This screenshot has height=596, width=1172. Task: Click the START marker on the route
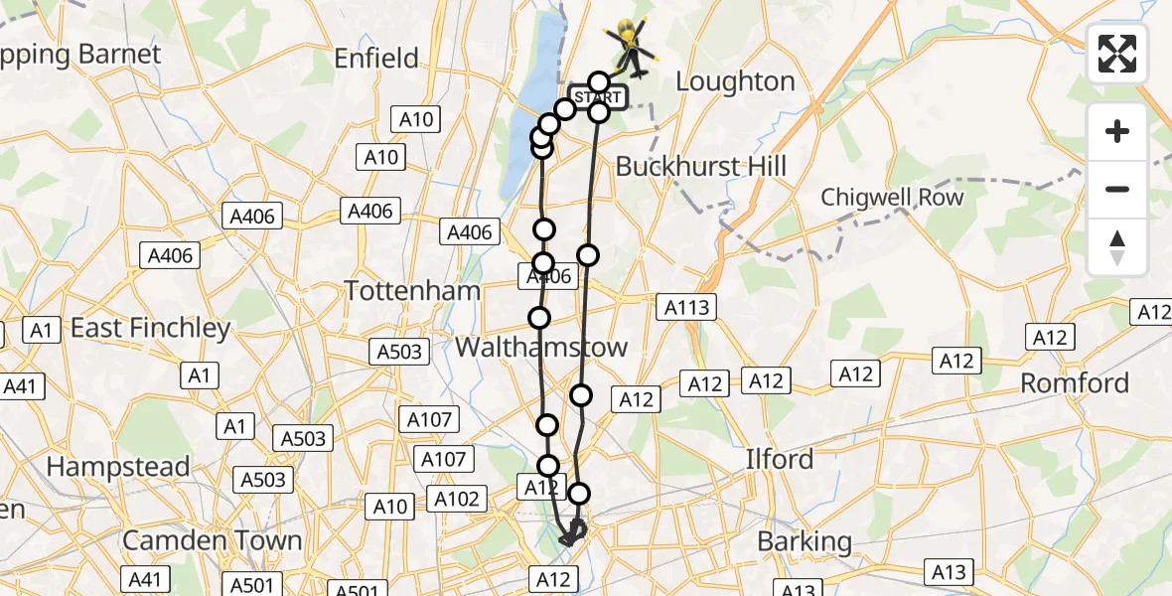(x=599, y=97)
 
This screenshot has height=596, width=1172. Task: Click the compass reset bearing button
(x=1117, y=246)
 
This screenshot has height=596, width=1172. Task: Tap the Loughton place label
(x=736, y=81)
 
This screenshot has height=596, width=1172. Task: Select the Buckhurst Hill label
(x=700, y=166)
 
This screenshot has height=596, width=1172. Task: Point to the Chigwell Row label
(x=892, y=197)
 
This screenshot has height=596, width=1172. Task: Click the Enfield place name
(x=376, y=59)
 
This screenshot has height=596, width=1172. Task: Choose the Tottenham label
(x=412, y=291)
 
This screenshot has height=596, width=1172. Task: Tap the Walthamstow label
(x=541, y=347)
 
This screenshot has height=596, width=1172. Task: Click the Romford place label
(x=1075, y=382)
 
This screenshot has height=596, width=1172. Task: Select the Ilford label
(x=780, y=459)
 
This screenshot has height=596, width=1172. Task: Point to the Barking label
(x=805, y=541)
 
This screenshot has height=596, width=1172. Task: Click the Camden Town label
(x=212, y=540)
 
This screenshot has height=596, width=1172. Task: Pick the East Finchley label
(x=150, y=328)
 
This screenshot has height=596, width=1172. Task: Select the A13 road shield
(x=950, y=571)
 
